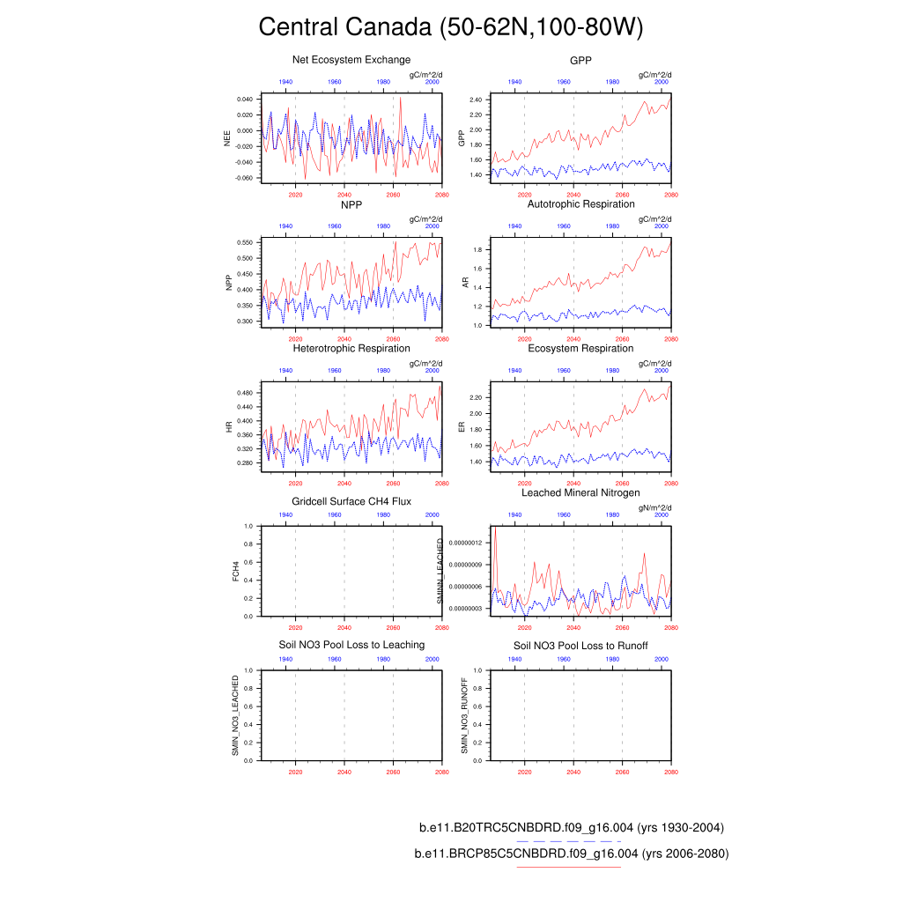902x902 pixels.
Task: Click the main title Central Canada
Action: coord(450,27)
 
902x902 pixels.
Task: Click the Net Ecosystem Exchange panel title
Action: coord(351,60)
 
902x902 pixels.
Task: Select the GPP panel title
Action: coord(580,60)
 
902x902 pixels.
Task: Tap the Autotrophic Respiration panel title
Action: coord(580,204)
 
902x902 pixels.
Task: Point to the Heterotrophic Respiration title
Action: coord(351,349)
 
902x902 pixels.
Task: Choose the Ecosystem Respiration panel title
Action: coord(580,349)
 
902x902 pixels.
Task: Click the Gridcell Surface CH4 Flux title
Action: coord(351,501)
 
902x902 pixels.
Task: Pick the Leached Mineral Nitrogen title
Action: coord(580,492)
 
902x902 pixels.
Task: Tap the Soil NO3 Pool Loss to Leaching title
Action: coord(351,645)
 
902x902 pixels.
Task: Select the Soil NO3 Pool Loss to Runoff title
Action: coord(580,646)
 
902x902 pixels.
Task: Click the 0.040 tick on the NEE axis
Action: coord(244,100)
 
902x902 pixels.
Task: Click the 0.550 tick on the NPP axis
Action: coord(244,242)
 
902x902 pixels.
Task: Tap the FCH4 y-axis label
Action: coord(235,571)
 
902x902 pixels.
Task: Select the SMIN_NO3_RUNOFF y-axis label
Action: coord(464,714)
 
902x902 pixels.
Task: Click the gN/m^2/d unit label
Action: coord(655,508)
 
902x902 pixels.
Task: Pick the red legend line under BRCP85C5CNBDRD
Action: coord(568,868)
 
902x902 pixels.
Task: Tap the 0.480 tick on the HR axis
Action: coord(244,393)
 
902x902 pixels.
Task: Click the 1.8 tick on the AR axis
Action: coord(478,250)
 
